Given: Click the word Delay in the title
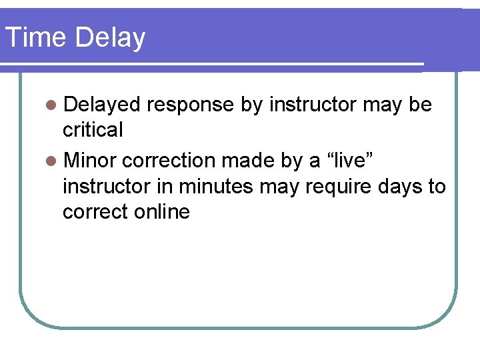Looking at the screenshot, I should pos(110,38).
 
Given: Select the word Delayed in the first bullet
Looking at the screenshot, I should pos(102,105).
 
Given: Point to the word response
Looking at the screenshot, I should pos(191,105).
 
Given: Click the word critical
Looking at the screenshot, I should pos(93,129).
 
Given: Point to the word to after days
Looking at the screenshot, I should pos(437,186).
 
